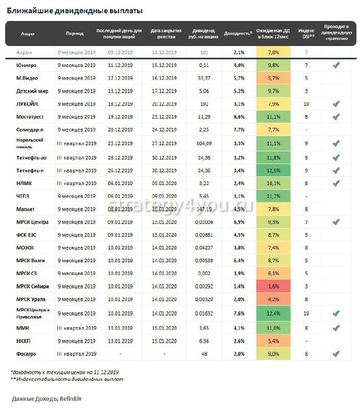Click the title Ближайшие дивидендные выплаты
pyautogui.click(x=75, y=10)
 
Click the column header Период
pyautogui.click(x=75, y=33)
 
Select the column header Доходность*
pyautogui.click(x=238, y=33)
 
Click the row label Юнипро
pyautogui.click(x=26, y=65)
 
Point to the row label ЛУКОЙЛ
pyautogui.click(x=27, y=104)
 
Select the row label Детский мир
pyautogui.click(x=31, y=91)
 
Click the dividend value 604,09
pyautogui.click(x=204, y=143)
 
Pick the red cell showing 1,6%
pyautogui.click(x=273, y=286)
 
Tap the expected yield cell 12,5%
pyautogui.click(x=273, y=170)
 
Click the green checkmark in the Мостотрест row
pyautogui.click(x=335, y=117)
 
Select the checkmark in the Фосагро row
pyautogui.click(x=335, y=353)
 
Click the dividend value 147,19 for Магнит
pyautogui.click(x=204, y=209)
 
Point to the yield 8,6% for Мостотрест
pyautogui.click(x=238, y=117)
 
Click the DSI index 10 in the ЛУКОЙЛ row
pyautogui.click(x=305, y=104)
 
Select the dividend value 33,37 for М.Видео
pyautogui.click(x=204, y=78)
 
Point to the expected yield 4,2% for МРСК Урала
pyautogui.click(x=273, y=299)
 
